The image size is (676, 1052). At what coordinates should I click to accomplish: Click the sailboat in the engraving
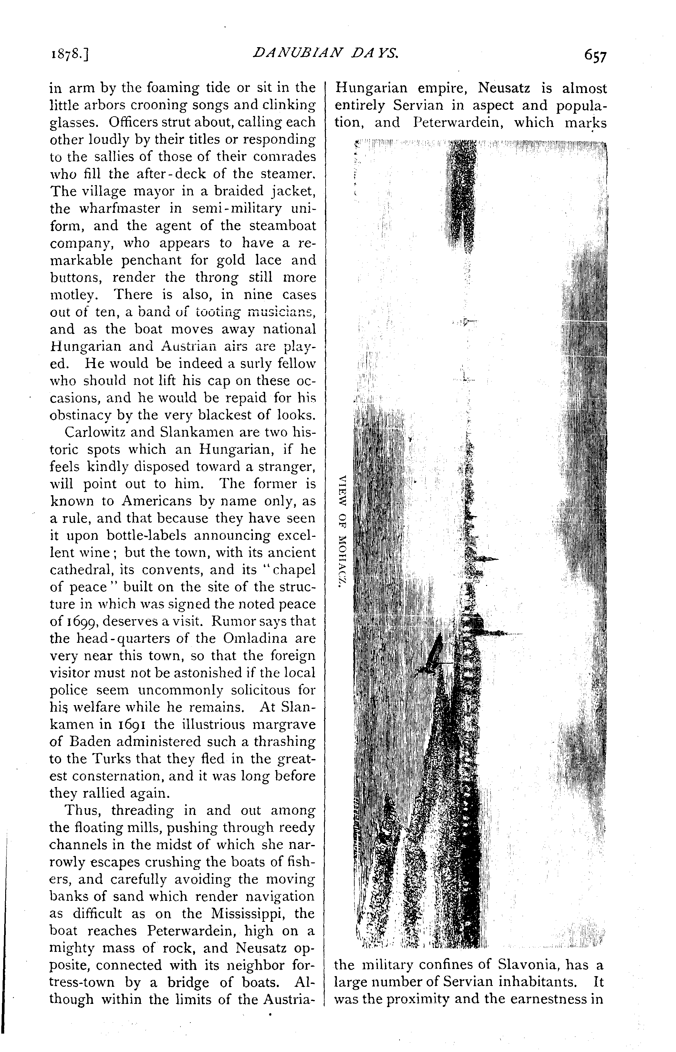click(432, 656)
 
